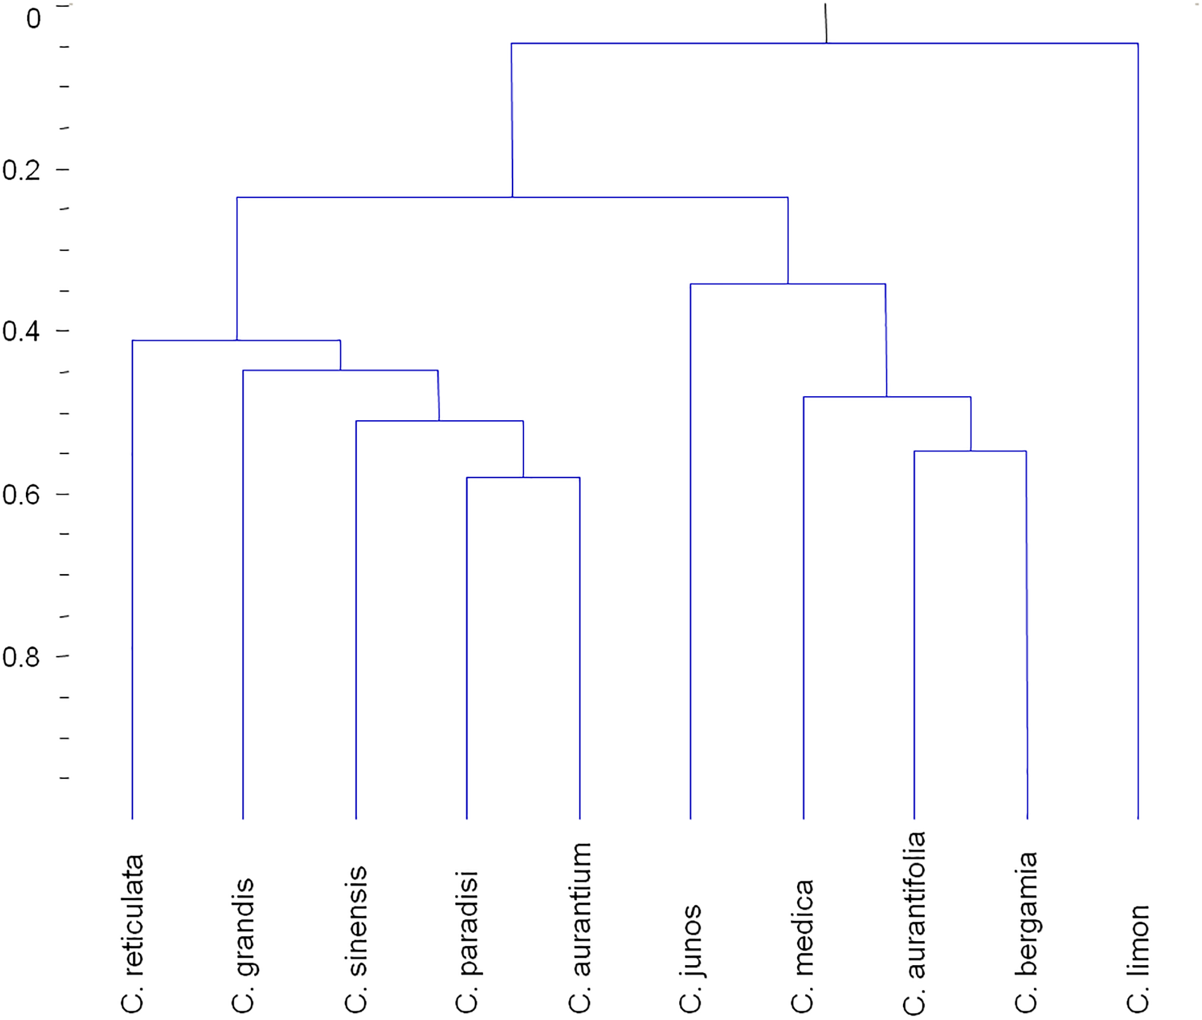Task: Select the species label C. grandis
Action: (244, 945)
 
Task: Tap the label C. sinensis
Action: (357, 939)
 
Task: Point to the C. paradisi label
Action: (468, 941)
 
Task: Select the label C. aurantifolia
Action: (915, 922)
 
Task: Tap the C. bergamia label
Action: (1027, 932)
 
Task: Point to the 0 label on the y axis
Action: (34, 19)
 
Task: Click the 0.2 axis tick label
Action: (22, 170)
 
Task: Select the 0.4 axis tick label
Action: (22, 332)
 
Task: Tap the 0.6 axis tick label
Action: (22, 495)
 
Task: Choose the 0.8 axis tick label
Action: (22, 658)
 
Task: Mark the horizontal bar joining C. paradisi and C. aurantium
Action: (523, 477)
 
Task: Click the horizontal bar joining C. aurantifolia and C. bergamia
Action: (970, 452)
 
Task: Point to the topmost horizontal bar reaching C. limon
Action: (824, 44)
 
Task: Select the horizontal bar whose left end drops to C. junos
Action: (787, 284)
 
